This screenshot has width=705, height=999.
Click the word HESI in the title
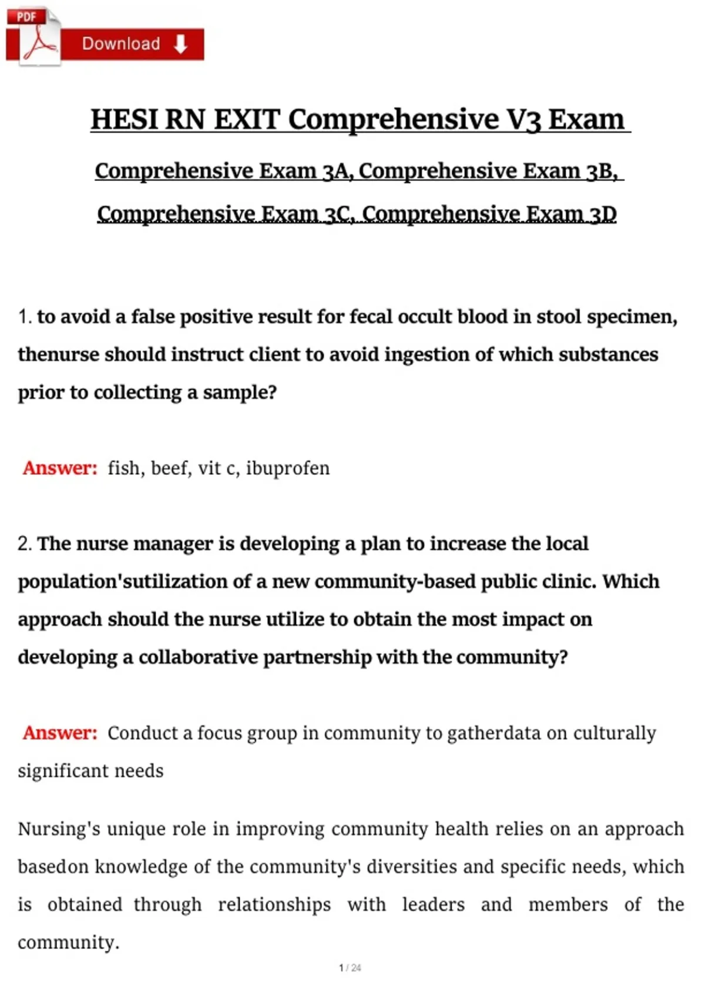click(x=124, y=119)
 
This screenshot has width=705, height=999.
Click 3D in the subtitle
click(x=603, y=213)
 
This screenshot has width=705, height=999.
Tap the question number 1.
click(x=24, y=317)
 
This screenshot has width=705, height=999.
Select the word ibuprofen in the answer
click(x=288, y=468)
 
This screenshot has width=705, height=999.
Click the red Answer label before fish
click(x=60, y=468)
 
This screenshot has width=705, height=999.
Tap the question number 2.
click(x=24, y=544)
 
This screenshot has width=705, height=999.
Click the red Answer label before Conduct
click(x=60, y=733)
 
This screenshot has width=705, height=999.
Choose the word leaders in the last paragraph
click(x=433, y=904)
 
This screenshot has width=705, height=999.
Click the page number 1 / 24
click(x=350, y=968)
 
